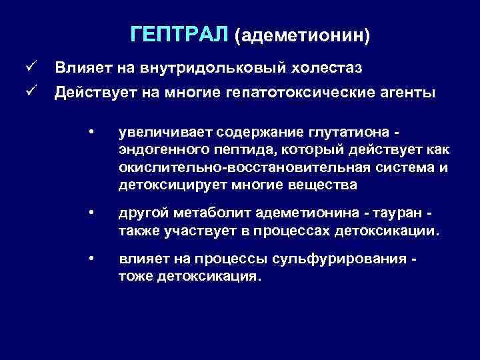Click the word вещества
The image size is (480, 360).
(324, 184)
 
